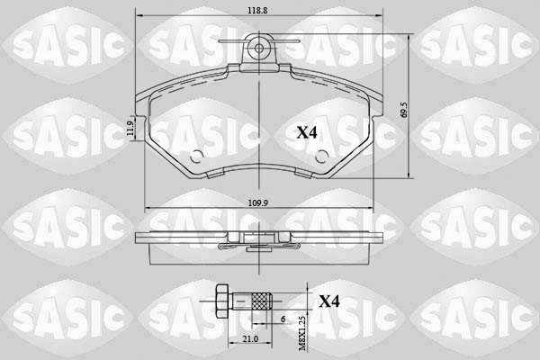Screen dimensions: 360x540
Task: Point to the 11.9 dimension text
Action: (130, 129)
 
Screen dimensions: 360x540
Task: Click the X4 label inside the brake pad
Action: (307, 132)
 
